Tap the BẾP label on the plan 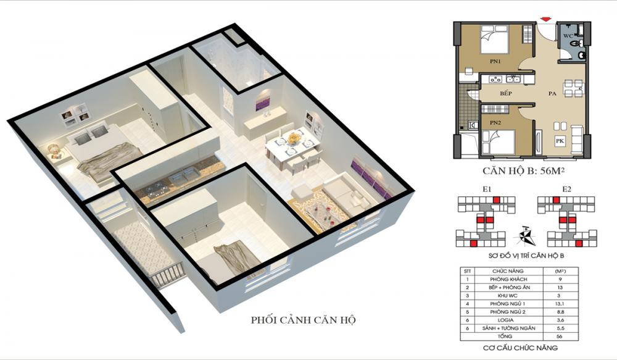pos(506,93)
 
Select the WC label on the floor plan pos(567,36)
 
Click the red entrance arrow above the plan pos(545,20)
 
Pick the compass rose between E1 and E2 pos(524,233)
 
